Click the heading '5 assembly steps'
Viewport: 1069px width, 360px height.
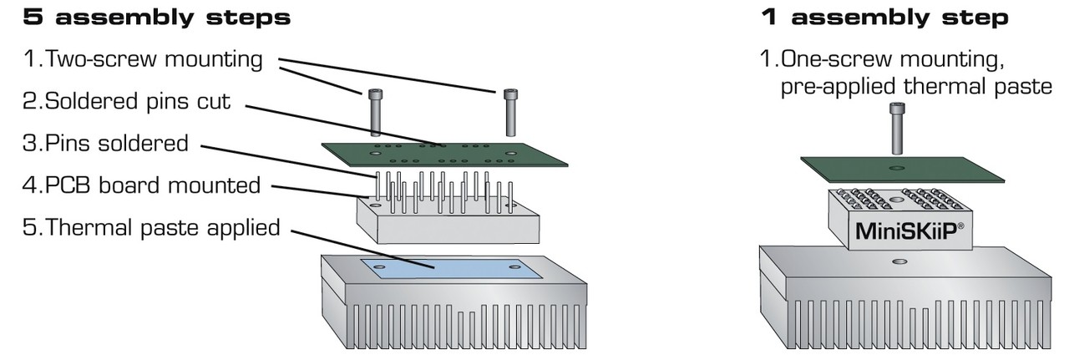coord(151,18)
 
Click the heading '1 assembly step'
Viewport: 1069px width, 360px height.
coord(884,18)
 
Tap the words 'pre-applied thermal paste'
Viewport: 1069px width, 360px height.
coord(915,87)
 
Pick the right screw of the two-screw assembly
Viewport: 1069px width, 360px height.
coord(509,111)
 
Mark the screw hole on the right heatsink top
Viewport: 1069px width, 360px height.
coord(899,262)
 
